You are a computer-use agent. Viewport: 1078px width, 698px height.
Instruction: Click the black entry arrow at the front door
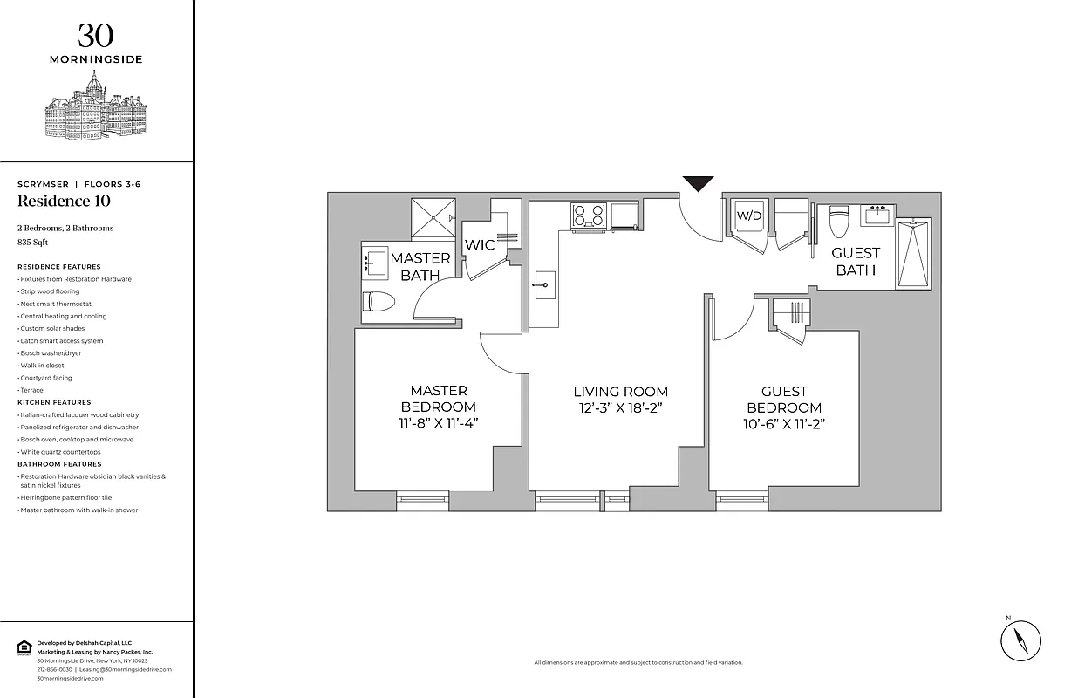pyautogui.click(x=698, y=183)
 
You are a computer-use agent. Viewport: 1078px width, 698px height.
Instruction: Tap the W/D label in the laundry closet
pyautogui.click(x=749, y=216)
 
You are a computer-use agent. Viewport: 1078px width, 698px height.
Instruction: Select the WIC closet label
pyautogui.click(x=479, y=245)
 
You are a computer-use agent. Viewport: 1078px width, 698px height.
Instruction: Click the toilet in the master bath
pyautogui.click(x=379, y=302)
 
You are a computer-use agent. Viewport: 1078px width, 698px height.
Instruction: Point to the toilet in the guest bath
pyautogui.click(x=838, y=222)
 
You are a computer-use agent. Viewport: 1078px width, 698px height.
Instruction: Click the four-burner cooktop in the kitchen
pyautogui.click(x=589, y=215)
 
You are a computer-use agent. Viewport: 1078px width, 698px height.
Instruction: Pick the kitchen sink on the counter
pyautogui.click(x=543, y=284)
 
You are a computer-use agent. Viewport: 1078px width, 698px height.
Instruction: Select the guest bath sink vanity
pyautogui.click(x=876, y=213)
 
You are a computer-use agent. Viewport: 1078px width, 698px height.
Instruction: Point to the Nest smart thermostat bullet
pyautogui.click(x=54, y=304)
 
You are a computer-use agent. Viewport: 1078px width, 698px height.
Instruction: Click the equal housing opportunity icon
pyautogui.click(x=24, y=647)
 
